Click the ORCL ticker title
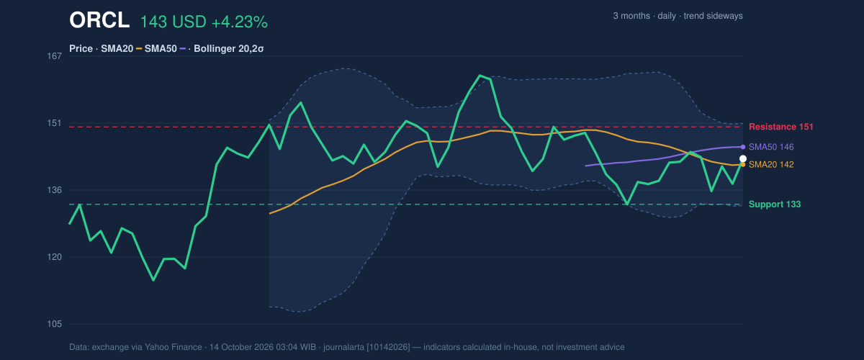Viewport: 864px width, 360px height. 99,20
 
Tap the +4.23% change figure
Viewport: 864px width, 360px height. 240,22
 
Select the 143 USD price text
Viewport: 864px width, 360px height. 174,22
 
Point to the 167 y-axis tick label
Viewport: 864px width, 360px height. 55,56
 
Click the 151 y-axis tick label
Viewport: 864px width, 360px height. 55,123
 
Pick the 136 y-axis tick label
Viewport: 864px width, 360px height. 55,190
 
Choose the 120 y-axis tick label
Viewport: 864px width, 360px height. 55,257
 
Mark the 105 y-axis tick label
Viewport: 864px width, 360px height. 55,324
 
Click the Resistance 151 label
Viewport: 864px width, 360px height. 781,127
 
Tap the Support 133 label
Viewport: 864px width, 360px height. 775,204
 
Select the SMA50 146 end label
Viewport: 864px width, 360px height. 771,147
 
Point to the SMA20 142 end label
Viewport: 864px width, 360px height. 771,165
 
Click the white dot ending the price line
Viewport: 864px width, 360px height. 743,158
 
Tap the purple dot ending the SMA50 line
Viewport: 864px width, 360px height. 743,147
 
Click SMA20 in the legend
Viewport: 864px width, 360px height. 117,49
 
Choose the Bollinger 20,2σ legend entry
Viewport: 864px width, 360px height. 229,49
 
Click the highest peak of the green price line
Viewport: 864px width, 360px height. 480,76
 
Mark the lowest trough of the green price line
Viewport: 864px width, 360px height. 153,280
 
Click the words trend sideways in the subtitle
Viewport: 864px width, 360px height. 714,16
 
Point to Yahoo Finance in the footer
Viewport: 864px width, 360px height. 174,347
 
